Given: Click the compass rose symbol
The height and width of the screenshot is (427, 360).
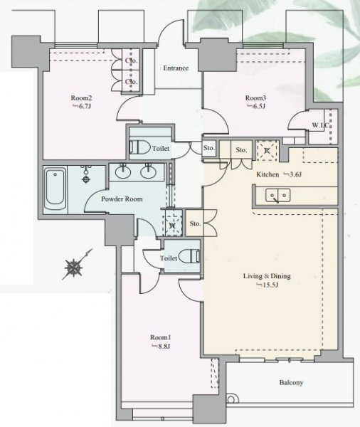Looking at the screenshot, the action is pos(74,268).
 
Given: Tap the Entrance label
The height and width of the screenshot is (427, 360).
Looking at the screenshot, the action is pos(176,68).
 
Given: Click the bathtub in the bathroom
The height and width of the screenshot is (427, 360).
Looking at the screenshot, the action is pos(55,189).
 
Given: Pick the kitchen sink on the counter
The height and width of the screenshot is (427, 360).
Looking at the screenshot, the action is pos(277,196).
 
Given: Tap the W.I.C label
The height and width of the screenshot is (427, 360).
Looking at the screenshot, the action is pos(321,125).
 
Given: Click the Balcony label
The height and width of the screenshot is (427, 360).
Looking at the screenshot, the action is pos(291,383).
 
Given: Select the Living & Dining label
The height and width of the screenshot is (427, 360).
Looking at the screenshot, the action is pos(267,276).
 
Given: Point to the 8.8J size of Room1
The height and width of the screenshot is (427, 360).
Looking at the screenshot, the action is pos(161,347).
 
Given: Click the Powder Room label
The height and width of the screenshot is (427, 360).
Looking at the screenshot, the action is pos(122,199).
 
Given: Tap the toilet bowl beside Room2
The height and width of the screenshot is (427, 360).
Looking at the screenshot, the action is pos(140,147).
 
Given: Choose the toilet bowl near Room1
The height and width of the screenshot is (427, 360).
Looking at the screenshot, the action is pos(189,256).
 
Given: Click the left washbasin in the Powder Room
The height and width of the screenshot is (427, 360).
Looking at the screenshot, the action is pos(123,172).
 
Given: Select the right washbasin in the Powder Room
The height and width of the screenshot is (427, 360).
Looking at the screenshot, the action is pos(149,172).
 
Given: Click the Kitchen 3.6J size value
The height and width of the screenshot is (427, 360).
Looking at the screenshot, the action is pos(292,174).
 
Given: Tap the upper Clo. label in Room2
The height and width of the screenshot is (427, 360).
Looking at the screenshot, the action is pos(131,60).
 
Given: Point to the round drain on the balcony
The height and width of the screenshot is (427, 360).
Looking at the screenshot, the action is pos(231,399).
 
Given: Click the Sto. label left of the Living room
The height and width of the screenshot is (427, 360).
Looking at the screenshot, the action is pos(195,223).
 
